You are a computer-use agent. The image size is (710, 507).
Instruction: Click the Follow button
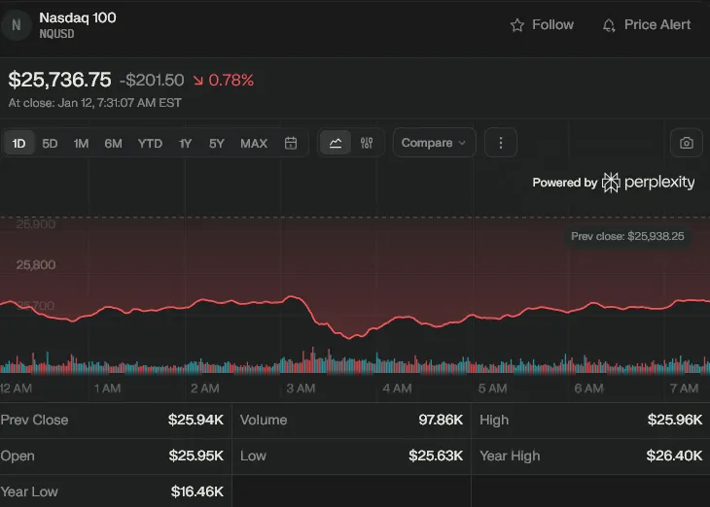point(543,25)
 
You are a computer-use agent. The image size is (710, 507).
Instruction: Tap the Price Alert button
point(647,25)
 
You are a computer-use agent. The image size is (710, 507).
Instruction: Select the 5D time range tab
point(50,144)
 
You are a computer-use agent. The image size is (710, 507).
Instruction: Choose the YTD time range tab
point(150,144)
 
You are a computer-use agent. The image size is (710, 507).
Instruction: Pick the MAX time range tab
point(253,144)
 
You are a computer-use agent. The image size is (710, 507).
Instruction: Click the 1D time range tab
point(18,144)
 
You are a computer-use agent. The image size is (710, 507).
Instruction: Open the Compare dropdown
point(434,143)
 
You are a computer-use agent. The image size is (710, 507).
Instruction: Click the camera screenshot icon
point(687,143)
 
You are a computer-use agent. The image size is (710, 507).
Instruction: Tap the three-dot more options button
point(501,143)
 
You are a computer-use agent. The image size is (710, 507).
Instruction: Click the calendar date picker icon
point(291,144)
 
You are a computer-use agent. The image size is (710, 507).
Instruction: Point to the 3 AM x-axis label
point(301,389)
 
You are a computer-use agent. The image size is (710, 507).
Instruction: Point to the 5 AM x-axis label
point(492,389)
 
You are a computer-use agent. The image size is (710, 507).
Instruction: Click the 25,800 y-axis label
point(35,264)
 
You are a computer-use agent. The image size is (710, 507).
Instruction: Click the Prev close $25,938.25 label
point(629,236)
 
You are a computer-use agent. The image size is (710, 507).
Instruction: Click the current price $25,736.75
point(59,80)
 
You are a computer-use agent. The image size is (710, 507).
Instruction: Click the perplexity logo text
point(658,183)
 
